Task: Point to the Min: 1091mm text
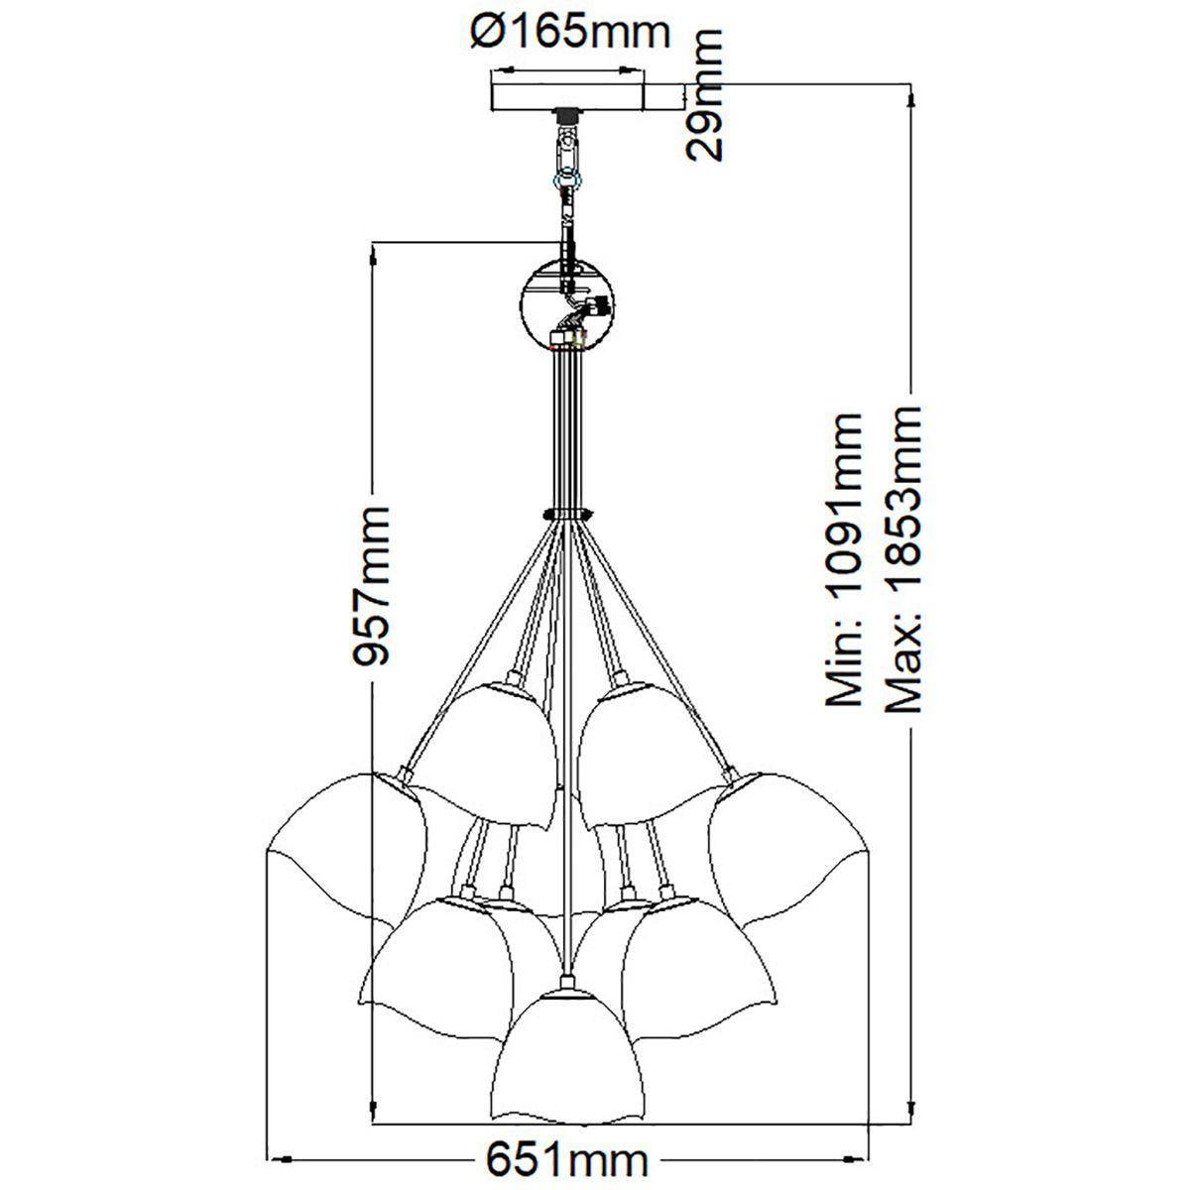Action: [844, 559]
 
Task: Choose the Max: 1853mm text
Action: [902, 559]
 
